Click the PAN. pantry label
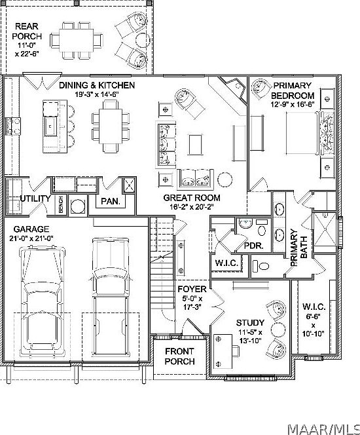(109, 202)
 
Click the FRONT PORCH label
(179, 356)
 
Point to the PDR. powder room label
(253, 246)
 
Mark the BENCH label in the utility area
(61, 206)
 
